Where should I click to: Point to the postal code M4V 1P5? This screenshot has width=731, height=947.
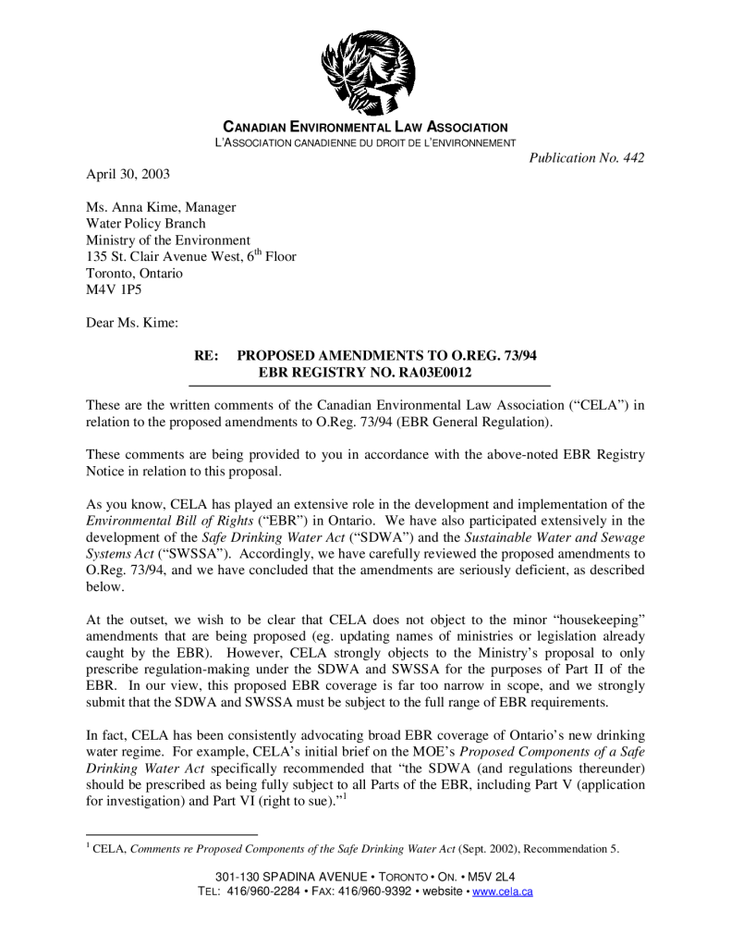pos(109,290)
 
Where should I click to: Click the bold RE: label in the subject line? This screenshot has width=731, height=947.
pos(205,356)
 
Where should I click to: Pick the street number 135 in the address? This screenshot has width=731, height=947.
pos(97,257)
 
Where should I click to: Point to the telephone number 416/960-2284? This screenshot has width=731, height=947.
pos(264,892)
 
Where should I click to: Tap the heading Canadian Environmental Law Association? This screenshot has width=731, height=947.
pos(367,127)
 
